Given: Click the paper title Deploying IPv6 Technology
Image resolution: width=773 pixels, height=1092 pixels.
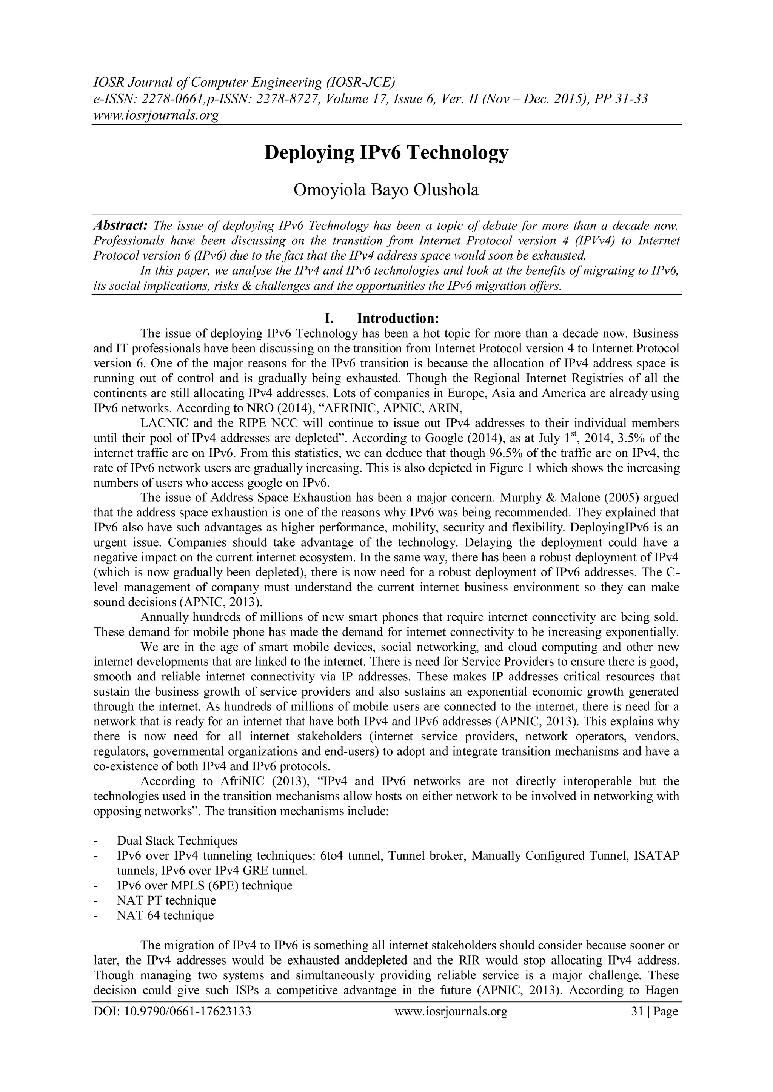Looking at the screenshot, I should (386, 153).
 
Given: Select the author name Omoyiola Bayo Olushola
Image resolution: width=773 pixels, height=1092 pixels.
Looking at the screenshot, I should (386, 190).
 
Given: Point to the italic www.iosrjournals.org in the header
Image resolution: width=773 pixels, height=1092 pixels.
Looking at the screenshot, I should (156, 115).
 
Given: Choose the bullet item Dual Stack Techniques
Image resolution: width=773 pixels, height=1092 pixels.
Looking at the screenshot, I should (177, 842).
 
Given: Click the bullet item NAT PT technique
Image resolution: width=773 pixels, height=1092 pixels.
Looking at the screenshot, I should (166, 901).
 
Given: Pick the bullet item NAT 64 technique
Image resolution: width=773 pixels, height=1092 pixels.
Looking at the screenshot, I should (165, 915).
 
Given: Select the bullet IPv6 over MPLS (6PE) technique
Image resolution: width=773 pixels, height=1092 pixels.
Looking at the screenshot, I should (204, 886).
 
